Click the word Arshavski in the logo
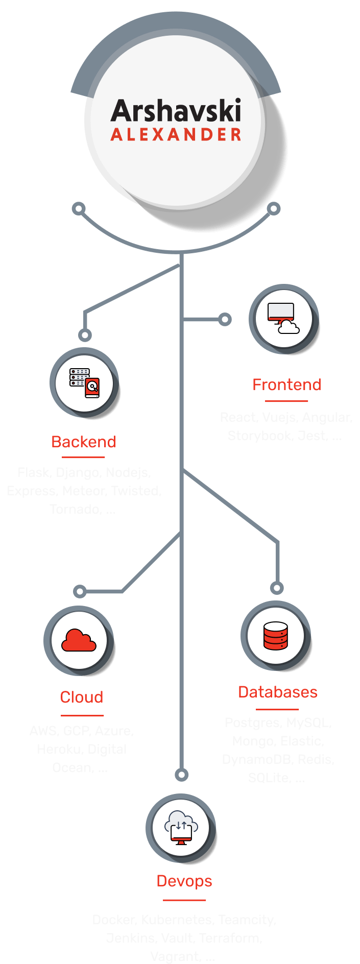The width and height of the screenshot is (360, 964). point(176,111)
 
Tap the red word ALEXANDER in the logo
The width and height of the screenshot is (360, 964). point(176,135)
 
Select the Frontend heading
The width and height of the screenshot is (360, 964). point(286,384)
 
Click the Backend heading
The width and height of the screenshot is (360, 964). point(84,442)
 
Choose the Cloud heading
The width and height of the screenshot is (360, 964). point(82,697)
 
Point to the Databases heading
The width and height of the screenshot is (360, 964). point(278,692)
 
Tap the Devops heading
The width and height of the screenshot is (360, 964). point(184,881)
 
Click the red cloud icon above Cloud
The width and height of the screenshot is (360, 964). point(79,640)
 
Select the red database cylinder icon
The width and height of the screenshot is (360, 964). point(276,636)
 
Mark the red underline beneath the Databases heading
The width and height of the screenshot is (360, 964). point(277,709)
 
